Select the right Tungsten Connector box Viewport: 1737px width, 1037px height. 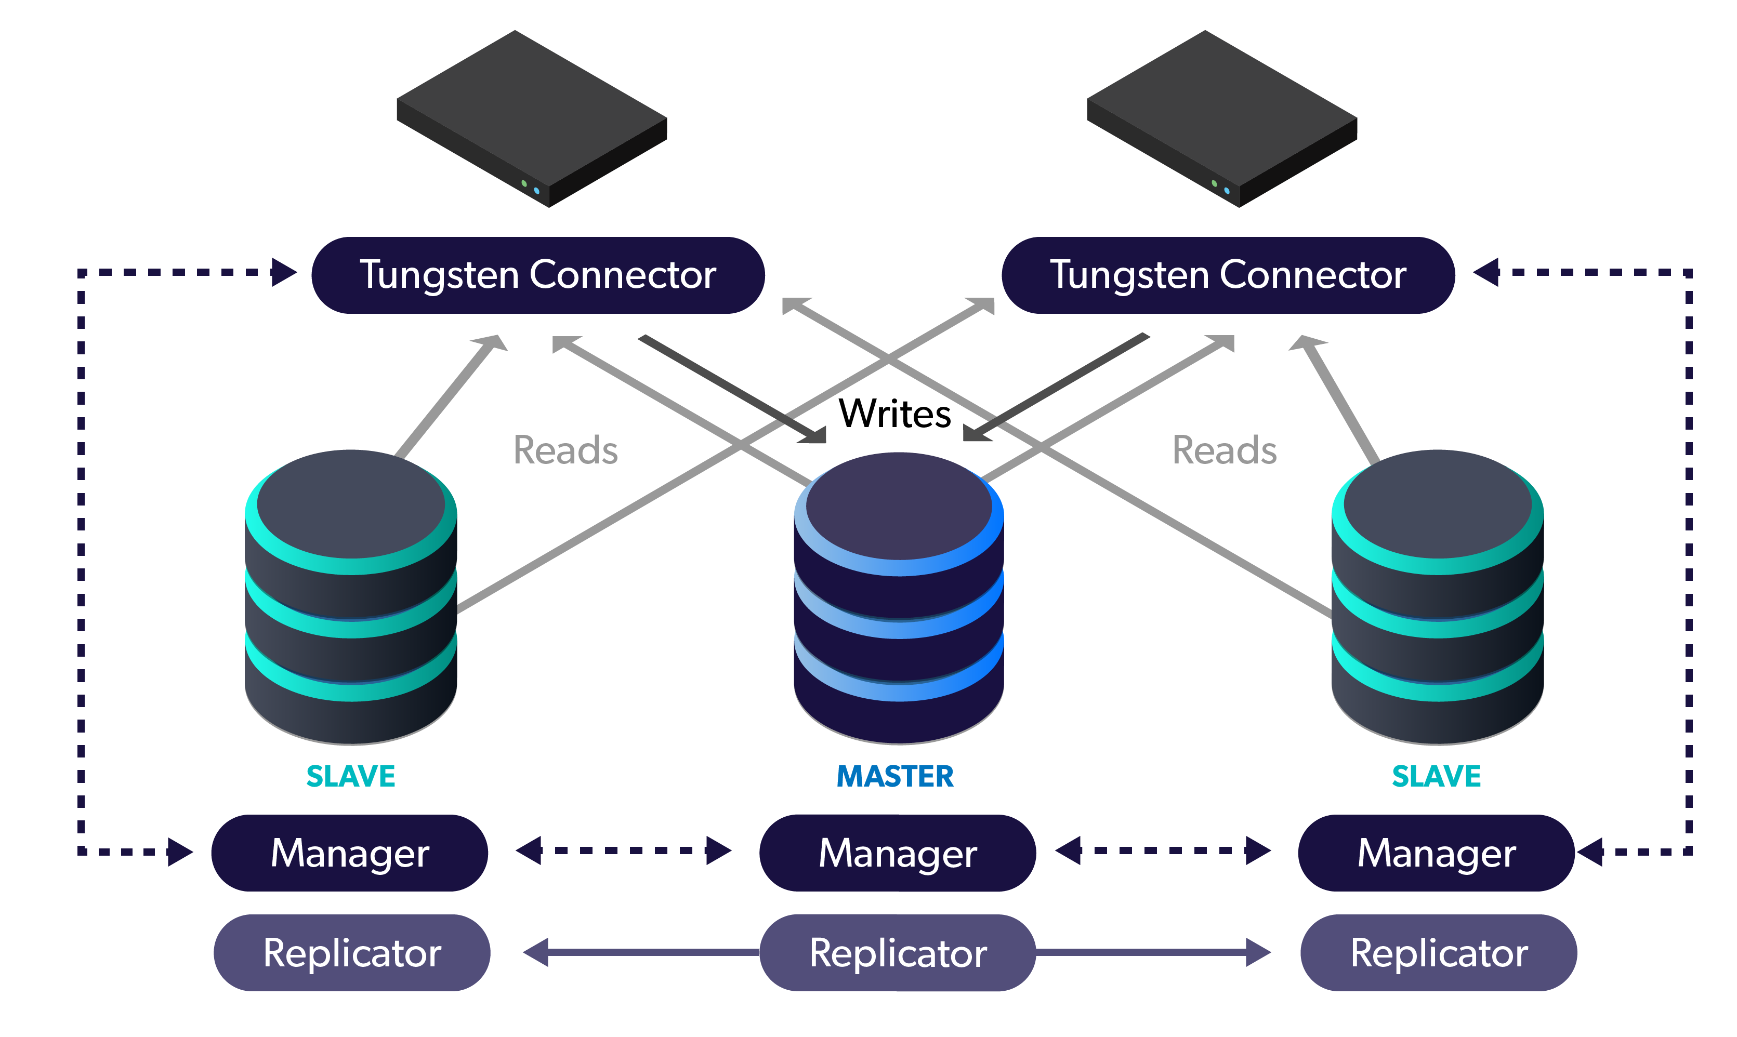click(x=1228, y=275)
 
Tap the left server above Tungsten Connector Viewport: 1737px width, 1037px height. click(x=532, y=119)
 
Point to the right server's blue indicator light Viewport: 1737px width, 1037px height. click(x=1227, y=191)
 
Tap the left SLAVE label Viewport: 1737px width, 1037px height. click(x=351, y=776)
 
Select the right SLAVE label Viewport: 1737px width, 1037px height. click(x=1437, y=776)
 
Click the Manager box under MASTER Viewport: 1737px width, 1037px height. click(x=898, y=853)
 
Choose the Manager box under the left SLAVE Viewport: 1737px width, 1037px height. click(x=349, y=853)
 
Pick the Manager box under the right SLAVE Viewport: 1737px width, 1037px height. click(x=1437, y=853)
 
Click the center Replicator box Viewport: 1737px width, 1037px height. click(x=898, y=952)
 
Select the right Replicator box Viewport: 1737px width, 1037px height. click(x=1439, y=952)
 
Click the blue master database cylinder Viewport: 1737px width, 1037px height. click(x=899, y=598)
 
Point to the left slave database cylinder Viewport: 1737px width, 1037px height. click(x=351, y=597)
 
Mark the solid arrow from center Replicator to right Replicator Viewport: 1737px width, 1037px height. click(x=1153, y=952)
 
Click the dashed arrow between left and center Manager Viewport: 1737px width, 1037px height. click(x=624, y=850)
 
